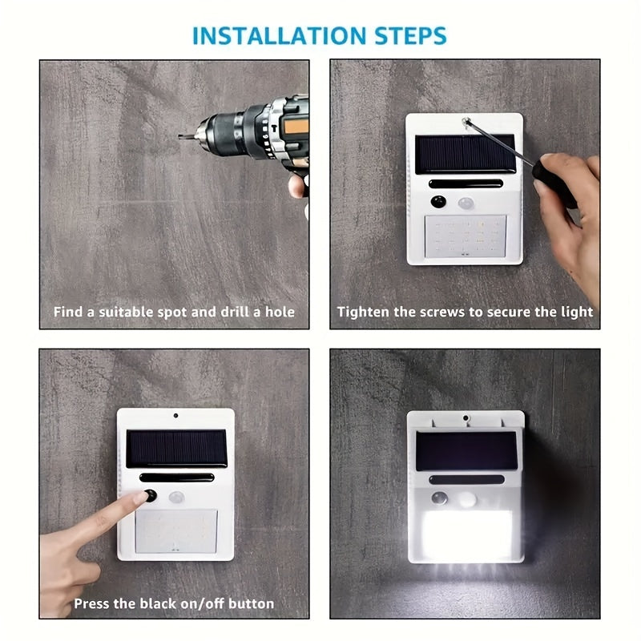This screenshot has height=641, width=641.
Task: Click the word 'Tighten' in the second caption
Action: (363, 312)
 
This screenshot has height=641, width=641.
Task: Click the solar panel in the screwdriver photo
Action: (465, 154)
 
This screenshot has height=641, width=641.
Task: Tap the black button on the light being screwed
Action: (439, 202)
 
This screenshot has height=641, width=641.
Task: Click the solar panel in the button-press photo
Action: (177, 448)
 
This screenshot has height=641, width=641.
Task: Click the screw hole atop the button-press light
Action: (175, 416)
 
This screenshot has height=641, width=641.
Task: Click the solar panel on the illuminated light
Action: (466, 451)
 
